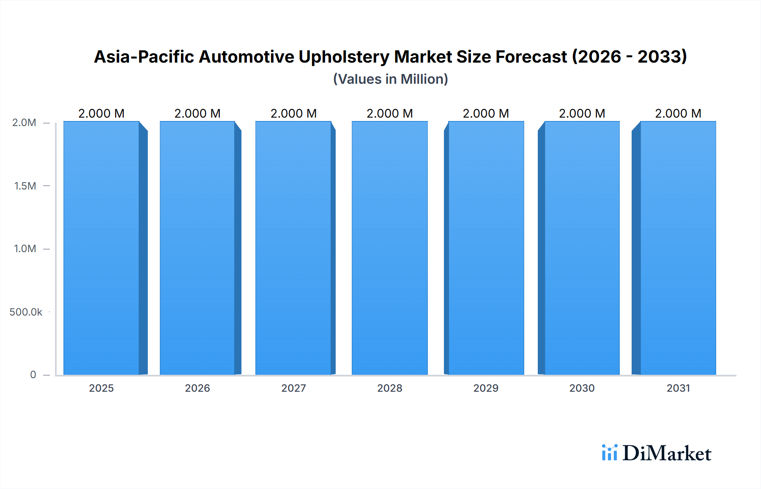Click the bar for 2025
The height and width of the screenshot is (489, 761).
pos(101,248)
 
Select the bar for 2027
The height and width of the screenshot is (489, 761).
pos(293,248)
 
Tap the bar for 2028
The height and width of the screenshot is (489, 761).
pos(389,248)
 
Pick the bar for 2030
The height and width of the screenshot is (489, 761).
pos(582,248)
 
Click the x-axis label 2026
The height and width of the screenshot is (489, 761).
pos(197,388)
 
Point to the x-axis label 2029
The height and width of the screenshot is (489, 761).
pos(486,388)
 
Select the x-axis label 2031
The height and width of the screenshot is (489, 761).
pos(678,388)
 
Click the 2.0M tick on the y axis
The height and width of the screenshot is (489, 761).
pos(24,123)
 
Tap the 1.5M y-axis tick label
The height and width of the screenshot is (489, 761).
pos(25,186)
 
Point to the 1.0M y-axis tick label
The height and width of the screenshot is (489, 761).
pos(25,249)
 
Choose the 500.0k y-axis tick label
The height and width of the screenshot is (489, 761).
pos(26,312)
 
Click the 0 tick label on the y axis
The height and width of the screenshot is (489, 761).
pos(33,375)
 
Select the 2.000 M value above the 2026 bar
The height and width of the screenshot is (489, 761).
pos(197,113)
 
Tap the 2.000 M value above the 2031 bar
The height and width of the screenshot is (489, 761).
pos(678,113)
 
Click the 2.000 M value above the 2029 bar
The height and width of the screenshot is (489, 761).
pos(486,113)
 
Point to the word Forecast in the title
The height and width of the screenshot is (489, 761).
pos(531,57)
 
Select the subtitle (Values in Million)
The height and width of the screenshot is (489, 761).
pos(390,79)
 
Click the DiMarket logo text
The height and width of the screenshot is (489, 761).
pos(667,453)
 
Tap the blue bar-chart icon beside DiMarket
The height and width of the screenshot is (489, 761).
pos(609,453)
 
